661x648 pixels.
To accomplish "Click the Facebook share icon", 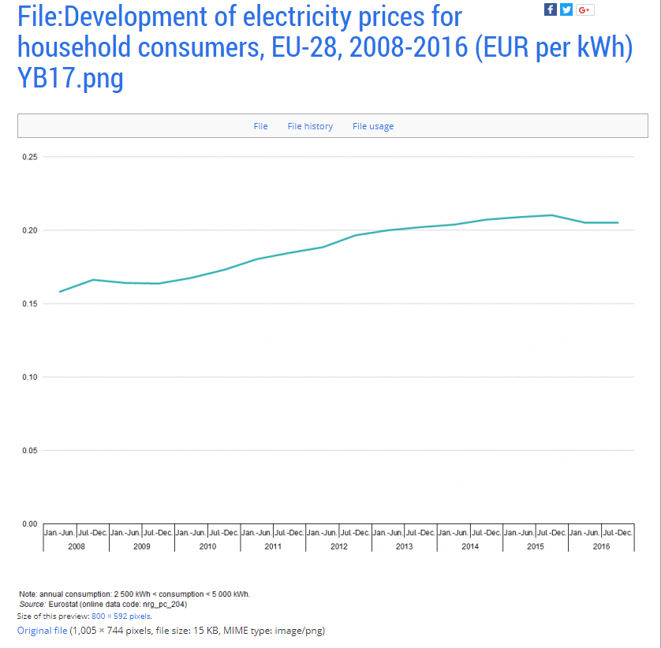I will click(x=551, y=9).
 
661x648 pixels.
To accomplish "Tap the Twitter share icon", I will click(x=566, y=9).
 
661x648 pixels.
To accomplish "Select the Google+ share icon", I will click(x=584, y=9).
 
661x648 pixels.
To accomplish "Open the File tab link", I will click(x=260, y=126).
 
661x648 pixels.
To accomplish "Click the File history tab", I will click(x=310, y=126).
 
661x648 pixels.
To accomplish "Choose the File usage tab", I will click(x=373, y=126).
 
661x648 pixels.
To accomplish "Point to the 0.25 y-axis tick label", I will click(x=30, y=157).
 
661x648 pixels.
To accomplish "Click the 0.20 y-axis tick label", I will click(x=30, y=230).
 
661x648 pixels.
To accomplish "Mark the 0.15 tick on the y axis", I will click(x=30, y=304).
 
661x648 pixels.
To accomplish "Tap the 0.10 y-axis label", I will click(x=30, y=377).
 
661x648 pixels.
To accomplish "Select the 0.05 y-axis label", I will click(x=30, y=450).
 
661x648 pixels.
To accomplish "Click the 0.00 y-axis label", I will click(x=30, y=523).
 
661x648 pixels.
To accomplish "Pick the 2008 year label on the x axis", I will click(x=76, y=546).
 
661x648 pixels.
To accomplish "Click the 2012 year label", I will click(x=338, y=546).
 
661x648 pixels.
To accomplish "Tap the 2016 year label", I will click(x=601, y=546).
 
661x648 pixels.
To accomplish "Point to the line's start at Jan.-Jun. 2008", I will click(x=60, y=292).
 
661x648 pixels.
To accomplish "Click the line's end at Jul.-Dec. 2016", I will click(x=618, y=222).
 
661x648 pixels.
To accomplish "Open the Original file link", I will click(x=43, y=631).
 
